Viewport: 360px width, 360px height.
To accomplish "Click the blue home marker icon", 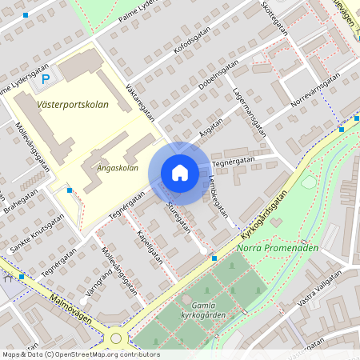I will [x=180, y=173].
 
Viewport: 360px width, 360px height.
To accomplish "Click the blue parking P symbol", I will [x=46, y=78].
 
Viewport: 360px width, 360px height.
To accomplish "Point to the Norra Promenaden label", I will [x=278, y=247].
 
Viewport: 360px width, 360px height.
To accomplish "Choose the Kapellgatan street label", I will [x=150, y=247].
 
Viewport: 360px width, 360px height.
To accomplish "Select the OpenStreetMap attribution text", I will [x=80, y=354].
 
